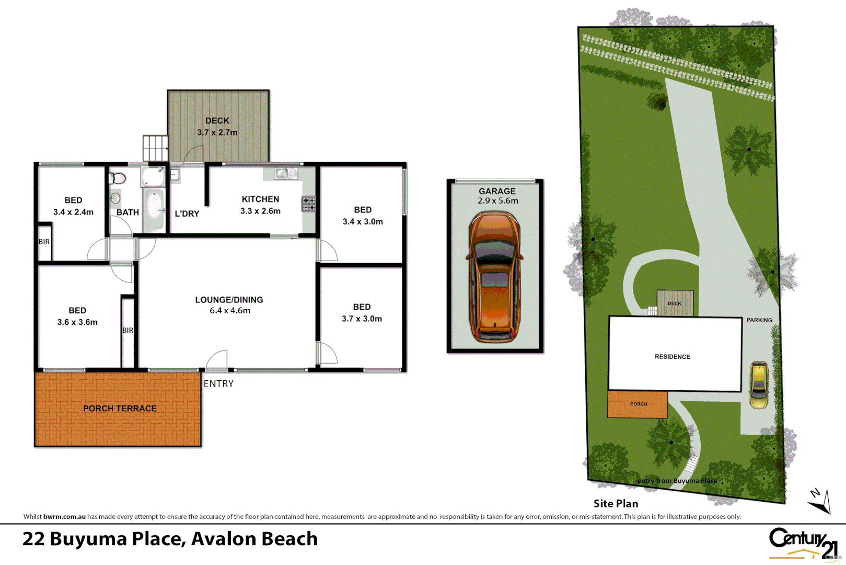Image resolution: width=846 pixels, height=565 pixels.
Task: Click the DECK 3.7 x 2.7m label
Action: (x=217, y=127)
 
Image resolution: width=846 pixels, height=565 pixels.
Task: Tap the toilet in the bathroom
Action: (x=118, y=179)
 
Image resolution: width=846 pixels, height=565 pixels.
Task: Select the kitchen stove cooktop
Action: (x=308, y=204)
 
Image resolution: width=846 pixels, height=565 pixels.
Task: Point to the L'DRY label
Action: (x=187, y=213)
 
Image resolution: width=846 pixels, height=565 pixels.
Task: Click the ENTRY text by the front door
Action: (x=218, y=383)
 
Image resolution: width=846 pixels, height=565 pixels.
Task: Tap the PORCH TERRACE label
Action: (x=120, y=408)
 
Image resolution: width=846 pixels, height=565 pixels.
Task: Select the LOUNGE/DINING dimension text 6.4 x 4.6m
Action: (x=230, y=311)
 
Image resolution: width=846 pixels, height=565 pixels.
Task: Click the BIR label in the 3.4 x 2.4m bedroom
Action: (x=44, y=242)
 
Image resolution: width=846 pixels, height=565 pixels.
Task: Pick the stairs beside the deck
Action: (x=155, y=148)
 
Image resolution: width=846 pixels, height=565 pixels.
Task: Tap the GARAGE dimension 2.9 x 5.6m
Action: (x=498, y=201)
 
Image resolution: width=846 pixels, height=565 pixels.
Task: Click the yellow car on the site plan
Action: (x=759, y=385)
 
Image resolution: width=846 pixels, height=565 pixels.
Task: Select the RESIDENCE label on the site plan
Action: (x=672, y=357)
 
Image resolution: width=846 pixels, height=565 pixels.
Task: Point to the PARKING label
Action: (x=759, y=320)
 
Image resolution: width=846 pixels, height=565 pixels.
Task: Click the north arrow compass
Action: (x=820, y=501)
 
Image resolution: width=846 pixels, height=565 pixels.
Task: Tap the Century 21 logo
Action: (x=803, y=543)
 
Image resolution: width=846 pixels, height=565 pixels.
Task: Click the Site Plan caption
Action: (x=616, y=503)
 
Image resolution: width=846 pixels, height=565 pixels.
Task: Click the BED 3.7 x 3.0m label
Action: (x=362, y=313)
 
